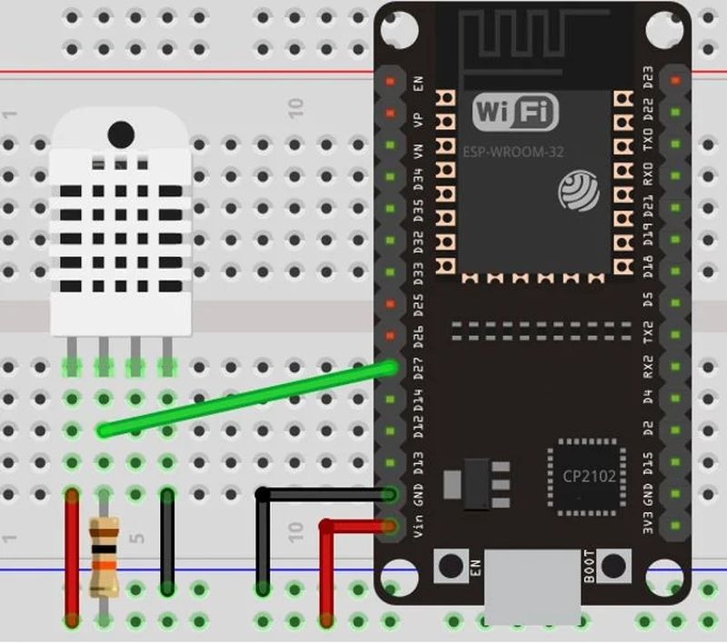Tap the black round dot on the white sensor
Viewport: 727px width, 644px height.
pos(121,134)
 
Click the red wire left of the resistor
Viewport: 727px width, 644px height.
pos(71,554)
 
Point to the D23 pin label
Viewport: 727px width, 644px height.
pos(649,80)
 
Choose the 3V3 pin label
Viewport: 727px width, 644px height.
pos(649,528)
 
